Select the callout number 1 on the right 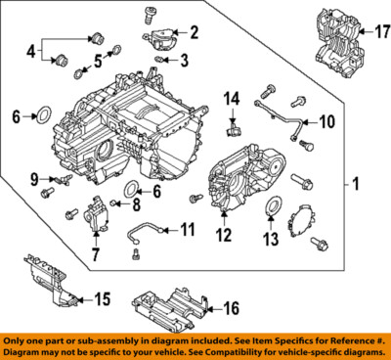tap(356, 183)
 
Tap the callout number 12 tap(227, 235)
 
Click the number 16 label tap(231, 309)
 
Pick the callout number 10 tap(326, 122)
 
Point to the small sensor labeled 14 tap(232, 124)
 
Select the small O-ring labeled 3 tap(159, 60)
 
